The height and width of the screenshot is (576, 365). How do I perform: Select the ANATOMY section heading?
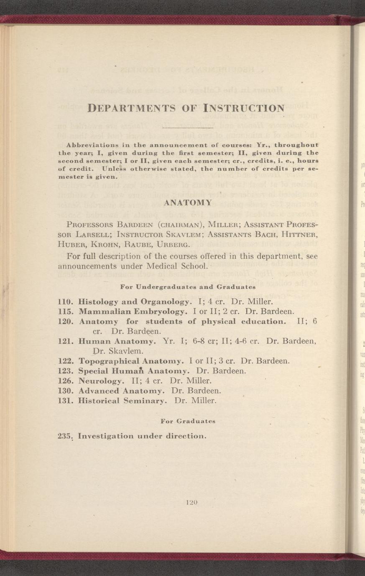coord(186,203)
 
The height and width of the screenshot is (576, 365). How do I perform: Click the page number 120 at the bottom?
coord(186,503)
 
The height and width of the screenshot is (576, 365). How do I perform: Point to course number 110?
coord(66,301)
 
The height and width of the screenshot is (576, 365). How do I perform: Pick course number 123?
coord(66,370)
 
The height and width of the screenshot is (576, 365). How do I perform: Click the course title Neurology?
coord(102,381)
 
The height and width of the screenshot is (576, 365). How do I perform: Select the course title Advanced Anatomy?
coord(121,391)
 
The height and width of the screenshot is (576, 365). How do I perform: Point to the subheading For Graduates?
coord(188,421)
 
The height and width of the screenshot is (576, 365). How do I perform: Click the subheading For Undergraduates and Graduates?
coord(188,287)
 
